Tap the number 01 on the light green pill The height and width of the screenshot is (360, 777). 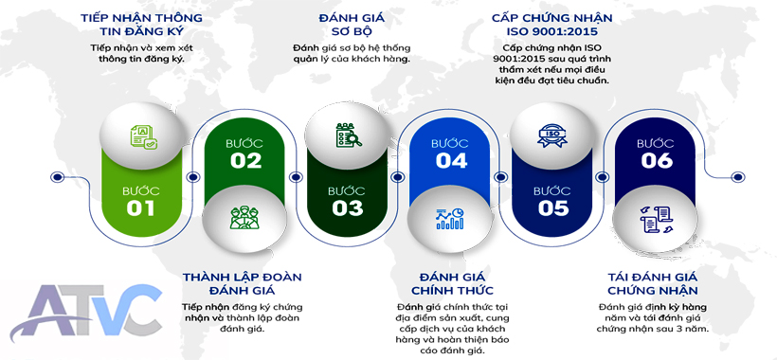[x=141, y=208]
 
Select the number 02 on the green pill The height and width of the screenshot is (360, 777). [x=245, y=161]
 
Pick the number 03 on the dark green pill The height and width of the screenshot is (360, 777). [x=348, y=208]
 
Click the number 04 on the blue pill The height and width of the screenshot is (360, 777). [x=451, y=161]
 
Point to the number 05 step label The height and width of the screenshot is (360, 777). [x=553, y=208]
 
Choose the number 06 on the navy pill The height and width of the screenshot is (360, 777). [x=657, y=161]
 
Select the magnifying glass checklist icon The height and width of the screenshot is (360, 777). [x=349, y=135]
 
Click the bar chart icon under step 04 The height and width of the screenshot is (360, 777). [x=450, y=219]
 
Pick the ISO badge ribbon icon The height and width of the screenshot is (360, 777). [x=552, y=135]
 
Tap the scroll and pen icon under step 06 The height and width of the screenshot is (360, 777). [x=656, y=219]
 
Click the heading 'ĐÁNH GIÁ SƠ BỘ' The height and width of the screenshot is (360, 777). [x=352, y=25]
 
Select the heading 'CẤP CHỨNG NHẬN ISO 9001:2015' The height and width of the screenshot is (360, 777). [x=551, y=25]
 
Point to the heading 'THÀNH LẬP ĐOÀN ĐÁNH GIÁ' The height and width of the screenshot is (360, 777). [x=242, y=283]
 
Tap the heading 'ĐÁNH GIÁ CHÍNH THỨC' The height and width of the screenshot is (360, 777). [x=452, y=283]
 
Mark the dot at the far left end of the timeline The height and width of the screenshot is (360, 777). [x=58, y=177]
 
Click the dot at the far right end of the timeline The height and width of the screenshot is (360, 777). [x=738, y=177]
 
